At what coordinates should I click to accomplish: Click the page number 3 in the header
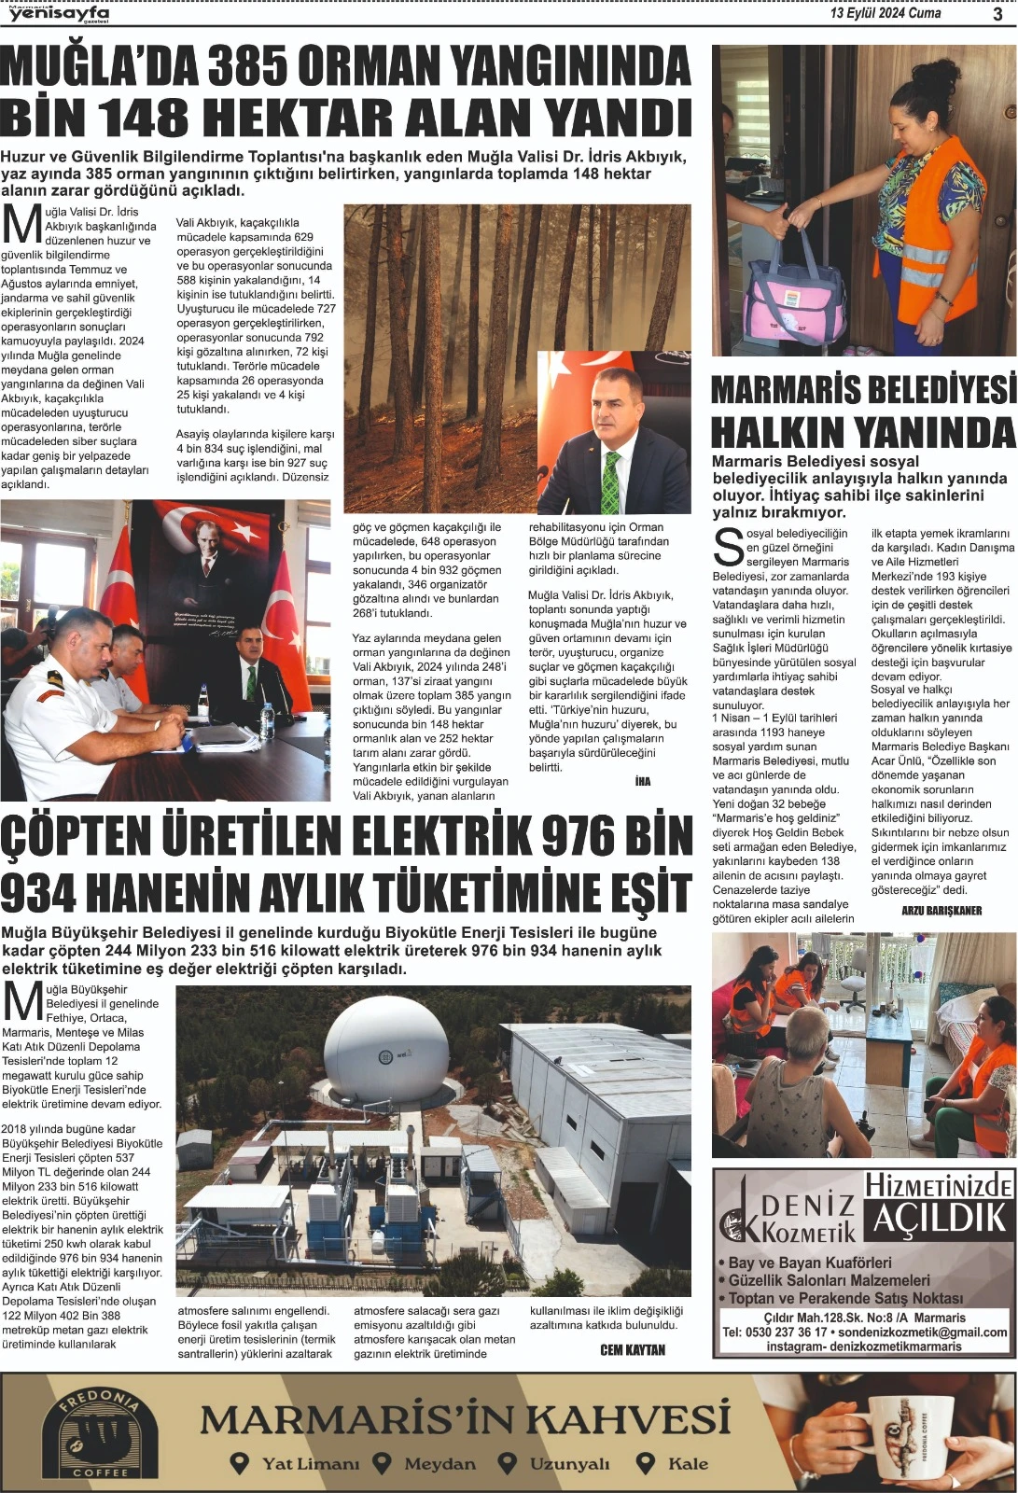997,13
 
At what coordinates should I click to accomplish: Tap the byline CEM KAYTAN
633,1350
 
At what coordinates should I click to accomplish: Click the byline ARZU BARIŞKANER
941,910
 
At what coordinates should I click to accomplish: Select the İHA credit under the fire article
643,781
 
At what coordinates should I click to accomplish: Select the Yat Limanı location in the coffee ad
296,1463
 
